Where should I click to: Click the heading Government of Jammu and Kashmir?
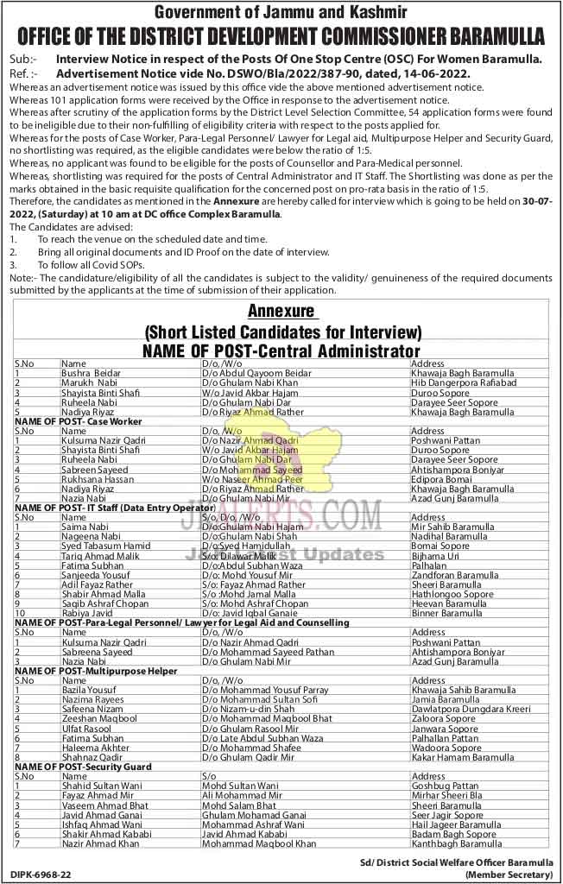click(281, 12)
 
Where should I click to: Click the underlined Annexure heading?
click(281, 312)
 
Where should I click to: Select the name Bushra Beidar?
click(92, 372)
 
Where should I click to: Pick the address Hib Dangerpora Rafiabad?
click(464, 382)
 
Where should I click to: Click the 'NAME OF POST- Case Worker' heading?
click(79, 420)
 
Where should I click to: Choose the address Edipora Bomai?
click(440, 478)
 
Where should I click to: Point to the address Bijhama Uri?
click(436, 556)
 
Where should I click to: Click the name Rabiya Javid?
click(87, 613)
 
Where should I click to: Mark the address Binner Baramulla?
click(448, 613)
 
